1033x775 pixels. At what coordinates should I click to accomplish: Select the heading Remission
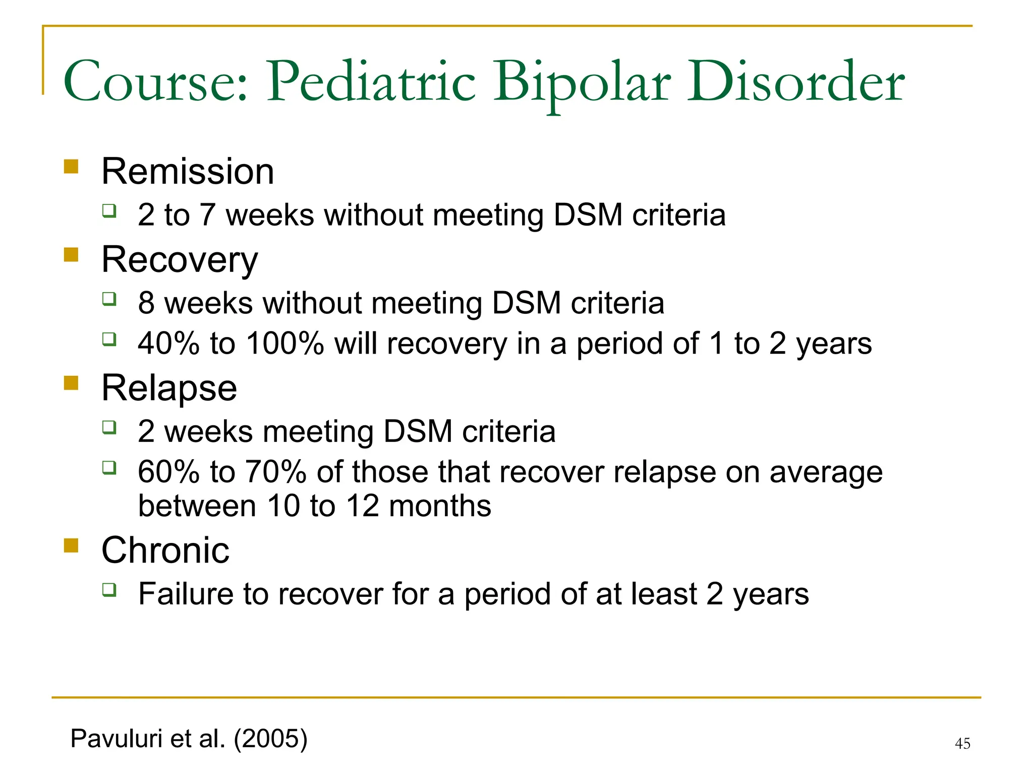click(x=188, y=172)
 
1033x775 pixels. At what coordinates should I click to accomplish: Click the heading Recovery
click(x=180, y=260)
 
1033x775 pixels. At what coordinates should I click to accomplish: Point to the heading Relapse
click(x=169, y=388)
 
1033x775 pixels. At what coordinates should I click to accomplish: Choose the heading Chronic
click(x=165, y=550)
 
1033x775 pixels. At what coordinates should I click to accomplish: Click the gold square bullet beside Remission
click(x=71, y=167)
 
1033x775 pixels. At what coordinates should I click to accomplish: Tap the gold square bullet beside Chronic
click(x=71, y=545)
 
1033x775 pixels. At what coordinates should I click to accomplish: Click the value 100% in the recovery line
click(x=285, y=344)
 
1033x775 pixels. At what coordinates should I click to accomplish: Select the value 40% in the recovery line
click(x=168, y=344)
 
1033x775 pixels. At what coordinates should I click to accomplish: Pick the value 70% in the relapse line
click(x=276, y=472)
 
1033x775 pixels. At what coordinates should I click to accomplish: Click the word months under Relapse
click(x=440, y=506)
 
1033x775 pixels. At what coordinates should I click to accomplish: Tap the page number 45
click(x=962, y=743)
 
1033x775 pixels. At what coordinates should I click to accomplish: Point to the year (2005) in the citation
click(x=270, y=739)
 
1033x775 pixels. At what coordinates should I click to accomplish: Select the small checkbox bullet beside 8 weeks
click(x=109, y=299)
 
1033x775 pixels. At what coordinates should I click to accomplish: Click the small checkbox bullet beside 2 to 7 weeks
click(x=109, y=210)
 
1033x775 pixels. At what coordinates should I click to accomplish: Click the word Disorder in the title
click(x=795, y=82)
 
